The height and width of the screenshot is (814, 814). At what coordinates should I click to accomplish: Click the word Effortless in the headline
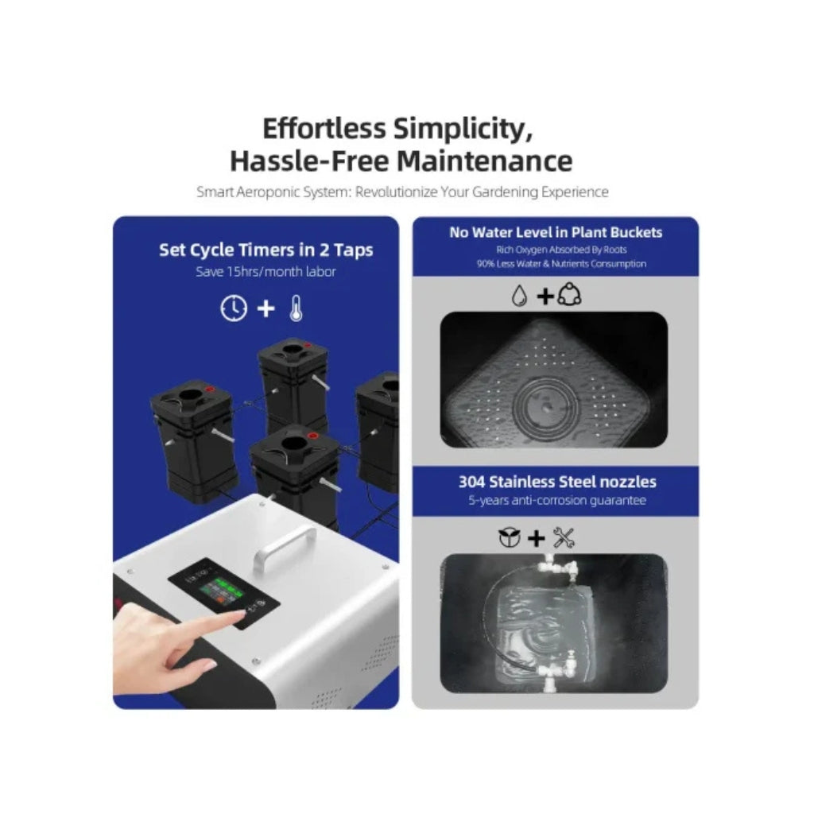click(x=324, y=128)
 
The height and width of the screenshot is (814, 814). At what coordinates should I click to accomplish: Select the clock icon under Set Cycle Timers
click(x=234, y=308)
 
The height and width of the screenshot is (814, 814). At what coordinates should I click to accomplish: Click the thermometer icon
click(x=297, y=308)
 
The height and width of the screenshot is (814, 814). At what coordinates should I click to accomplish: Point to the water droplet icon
click(x=519, y=296)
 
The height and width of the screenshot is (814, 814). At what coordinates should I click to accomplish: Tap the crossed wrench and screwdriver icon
click(x=564, y=538)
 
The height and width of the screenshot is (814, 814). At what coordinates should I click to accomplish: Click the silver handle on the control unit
click(x=285, y=546)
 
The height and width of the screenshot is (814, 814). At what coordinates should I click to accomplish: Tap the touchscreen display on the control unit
click(x=223, y=593)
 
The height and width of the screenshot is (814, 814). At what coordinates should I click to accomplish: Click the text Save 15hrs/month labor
click(x=266, y=272)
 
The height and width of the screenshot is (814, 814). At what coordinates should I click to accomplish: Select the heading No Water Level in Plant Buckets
click(x=556, y=232)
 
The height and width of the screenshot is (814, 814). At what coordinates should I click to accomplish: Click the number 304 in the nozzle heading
click(x=471, y=482)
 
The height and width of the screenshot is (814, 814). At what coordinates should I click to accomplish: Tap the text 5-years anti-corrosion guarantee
click(x=557, y=501)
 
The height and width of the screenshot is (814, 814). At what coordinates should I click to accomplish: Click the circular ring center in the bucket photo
click(x=545, y=407)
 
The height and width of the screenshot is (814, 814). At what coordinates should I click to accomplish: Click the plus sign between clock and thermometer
click(x=266, y=308)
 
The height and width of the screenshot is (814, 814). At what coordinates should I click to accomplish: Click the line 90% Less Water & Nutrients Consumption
click(x=562, y=264)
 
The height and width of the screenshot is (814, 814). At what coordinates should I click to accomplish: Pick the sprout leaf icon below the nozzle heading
click(x=509, y=538)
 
